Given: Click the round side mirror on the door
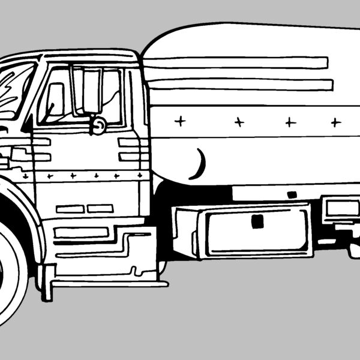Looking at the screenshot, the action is tap(98, 125).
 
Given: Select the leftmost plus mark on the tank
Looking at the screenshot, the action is tap(179, 121).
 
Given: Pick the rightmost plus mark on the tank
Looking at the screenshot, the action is tap(335, 122).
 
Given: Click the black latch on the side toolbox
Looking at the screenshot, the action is tap(257, 221).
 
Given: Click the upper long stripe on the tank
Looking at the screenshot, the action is tap(237, 62).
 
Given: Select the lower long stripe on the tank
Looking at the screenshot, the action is tap(240, 85).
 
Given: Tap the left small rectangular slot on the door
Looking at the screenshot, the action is tap(70, 209).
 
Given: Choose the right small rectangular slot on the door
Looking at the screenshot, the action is tap(100, 208).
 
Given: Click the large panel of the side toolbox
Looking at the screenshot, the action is tap(258, 231).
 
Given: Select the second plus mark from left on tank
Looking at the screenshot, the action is tap(239, 122).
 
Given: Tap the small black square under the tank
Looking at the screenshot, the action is tap(292, 194).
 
